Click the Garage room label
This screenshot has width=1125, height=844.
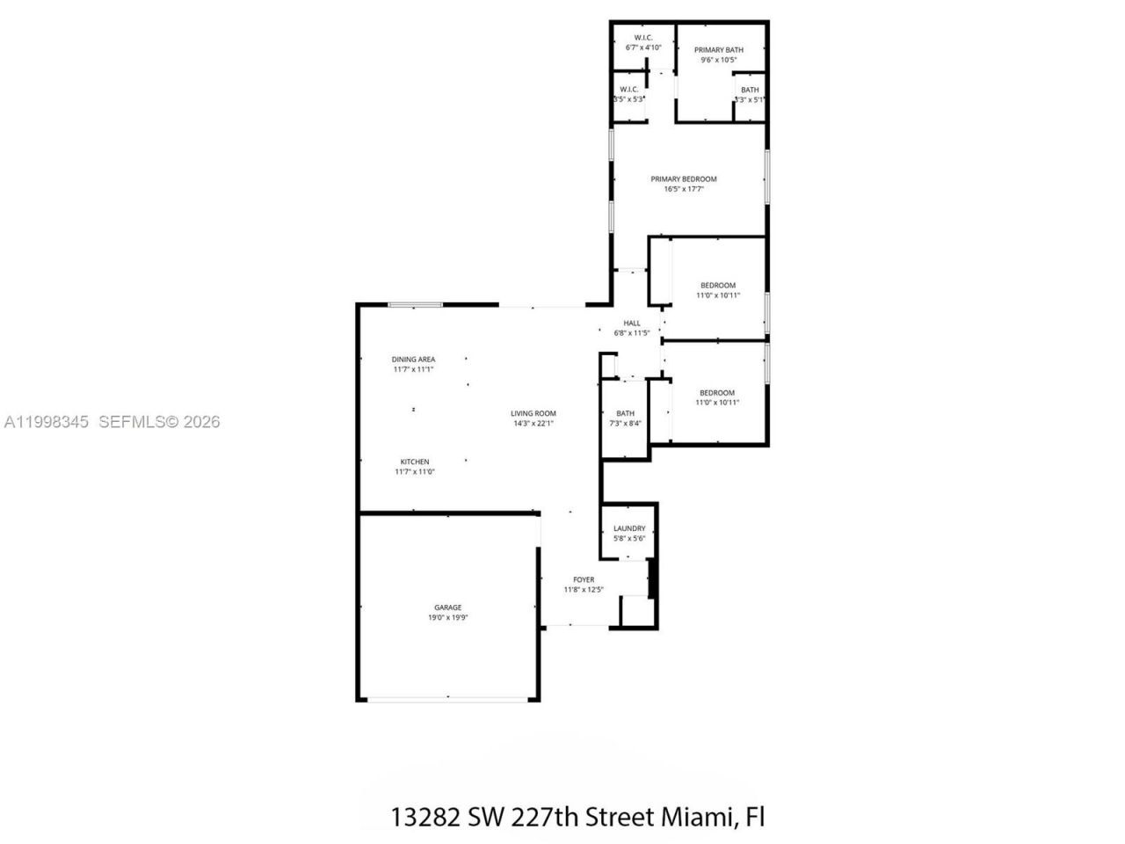tap(447, 608)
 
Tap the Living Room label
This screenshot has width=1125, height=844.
tap(533, 413)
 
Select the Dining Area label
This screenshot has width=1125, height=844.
tap(413, 359)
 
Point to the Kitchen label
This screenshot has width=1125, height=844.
tap(415, 462)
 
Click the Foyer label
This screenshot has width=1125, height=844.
tap(584, 579)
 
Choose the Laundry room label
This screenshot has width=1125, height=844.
tap(629, 528)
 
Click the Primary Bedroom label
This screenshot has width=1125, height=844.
tap(684, 178)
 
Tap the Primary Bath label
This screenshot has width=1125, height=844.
tap(718, 50)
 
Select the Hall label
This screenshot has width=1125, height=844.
tap(632, 323)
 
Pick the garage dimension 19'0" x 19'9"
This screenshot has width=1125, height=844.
tap(447, 618)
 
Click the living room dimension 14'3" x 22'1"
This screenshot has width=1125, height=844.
tap(533, 423)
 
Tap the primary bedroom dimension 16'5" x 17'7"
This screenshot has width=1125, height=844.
tap(684, 188)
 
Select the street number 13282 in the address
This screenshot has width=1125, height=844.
tap(424, 817)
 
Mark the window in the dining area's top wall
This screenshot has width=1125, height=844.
tap(416, 305)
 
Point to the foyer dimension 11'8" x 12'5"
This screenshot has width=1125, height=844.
tap(584, 590)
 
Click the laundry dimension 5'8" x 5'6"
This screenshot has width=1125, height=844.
tap(629, 538)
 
